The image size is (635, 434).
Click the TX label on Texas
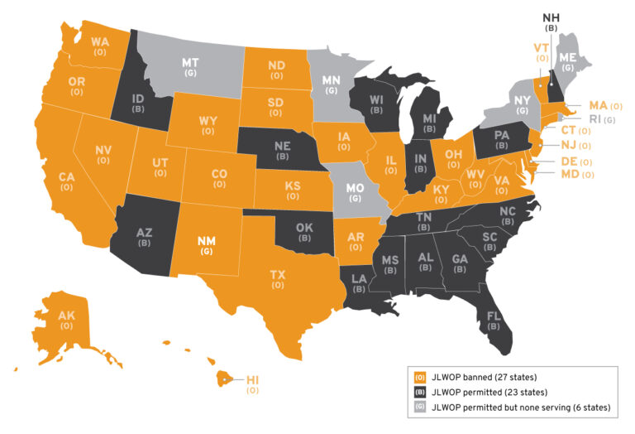(x=277, y=273)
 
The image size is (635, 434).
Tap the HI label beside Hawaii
(x=252, y=379)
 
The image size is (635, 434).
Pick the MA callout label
(x=598, y=106)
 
